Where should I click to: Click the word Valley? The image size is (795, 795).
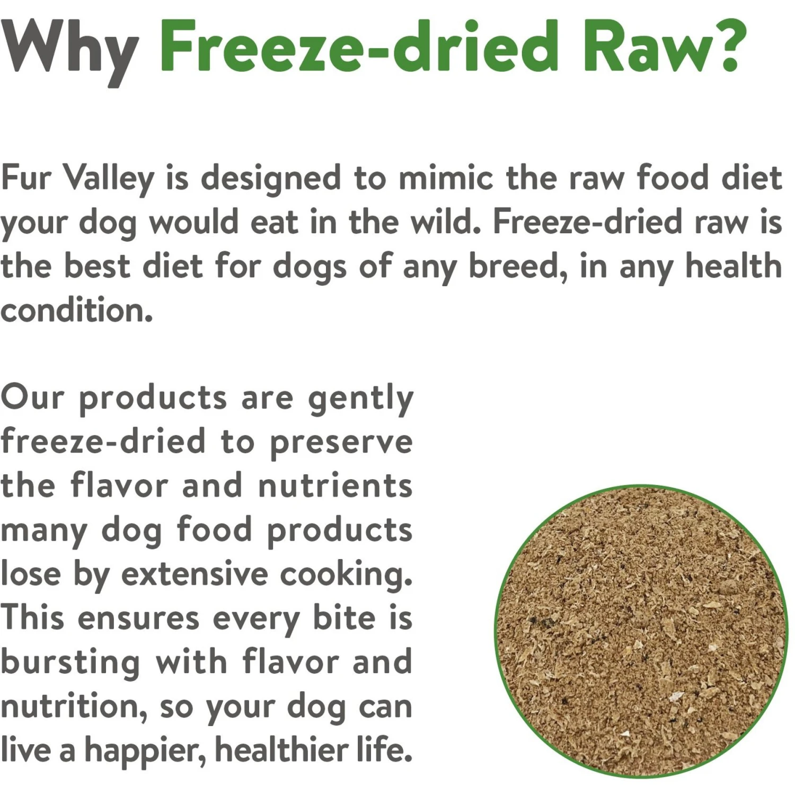click(x=109, y=179)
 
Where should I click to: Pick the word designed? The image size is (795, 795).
click(x=270, y=179)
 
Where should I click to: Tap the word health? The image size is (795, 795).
click(x=734, y=266)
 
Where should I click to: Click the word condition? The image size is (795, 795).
click(x=76, y=310)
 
